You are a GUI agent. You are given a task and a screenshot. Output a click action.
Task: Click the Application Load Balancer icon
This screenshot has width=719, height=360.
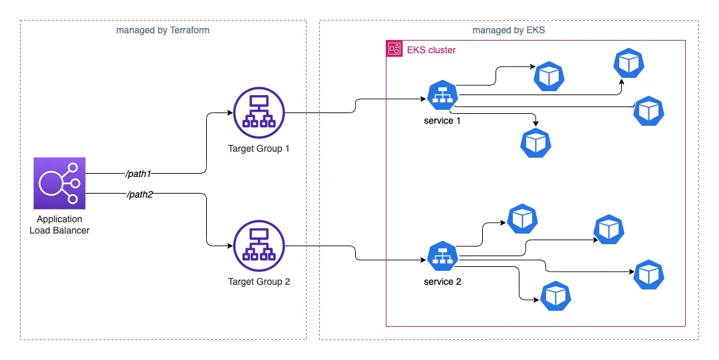pyautogui.click(x=60, y=184)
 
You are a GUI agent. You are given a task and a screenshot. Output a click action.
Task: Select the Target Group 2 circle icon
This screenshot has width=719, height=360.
pyautogui.click(x=259, y=247)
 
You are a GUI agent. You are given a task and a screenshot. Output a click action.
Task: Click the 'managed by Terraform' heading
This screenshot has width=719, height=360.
pyautogui.click(x=163, y=30)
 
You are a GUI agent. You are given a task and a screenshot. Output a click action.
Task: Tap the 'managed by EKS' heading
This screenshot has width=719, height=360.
pyautogui.click(x=509, y=30)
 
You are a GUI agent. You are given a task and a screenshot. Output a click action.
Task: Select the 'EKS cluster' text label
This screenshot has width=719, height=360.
pyautogui.click(x=431, y=50)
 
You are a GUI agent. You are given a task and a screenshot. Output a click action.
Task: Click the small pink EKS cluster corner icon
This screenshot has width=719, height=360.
pyautogui.click(x=394, y=49)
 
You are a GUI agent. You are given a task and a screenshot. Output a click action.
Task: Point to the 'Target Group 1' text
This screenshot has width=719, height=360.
pyautogui.click(x=259, y=148)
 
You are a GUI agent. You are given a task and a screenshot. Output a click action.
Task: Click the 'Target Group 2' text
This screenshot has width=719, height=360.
pyautogui.click(x=259, y=281)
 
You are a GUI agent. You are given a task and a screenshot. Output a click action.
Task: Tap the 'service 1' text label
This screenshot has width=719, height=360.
pyautogui.click(x=442, y=120)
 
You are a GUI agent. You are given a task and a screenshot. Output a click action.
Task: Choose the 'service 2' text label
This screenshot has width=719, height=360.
pyautogui.click(x=442, y=281)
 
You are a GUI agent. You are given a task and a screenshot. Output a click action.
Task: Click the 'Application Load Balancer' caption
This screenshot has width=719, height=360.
pyautogui.click(x=60, y=224)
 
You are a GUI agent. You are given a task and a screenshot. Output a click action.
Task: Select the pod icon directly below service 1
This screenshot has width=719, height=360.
pyautogui.click(x=535, y=141)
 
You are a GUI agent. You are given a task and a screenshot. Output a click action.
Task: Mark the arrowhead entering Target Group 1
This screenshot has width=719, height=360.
pyautogui.click(x=231, y=112)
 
